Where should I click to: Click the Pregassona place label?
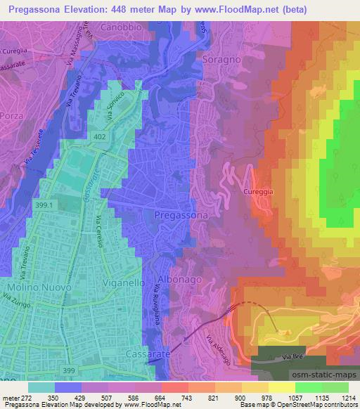[x=181, y=214]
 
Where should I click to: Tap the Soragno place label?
[x=221, y=60]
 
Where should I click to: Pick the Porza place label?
[x=12, y=114]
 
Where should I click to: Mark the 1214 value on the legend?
[x=349, y=397]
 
